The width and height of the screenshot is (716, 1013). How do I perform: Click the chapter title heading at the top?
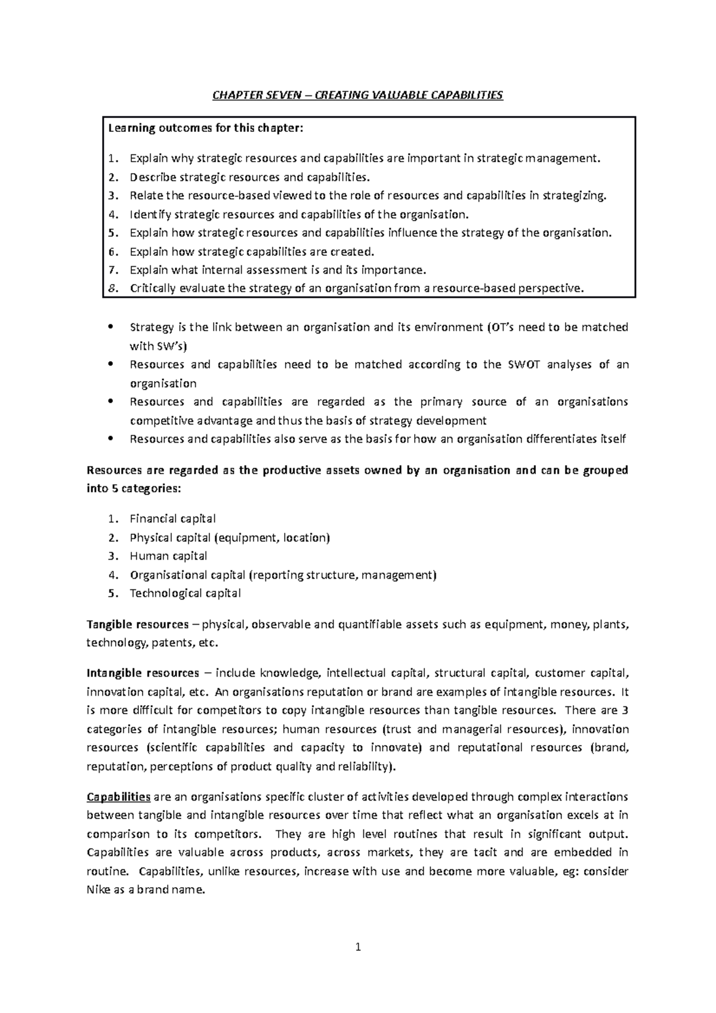click(x=358, y=95)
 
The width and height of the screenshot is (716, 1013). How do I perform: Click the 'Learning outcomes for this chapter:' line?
click(x=205, y=128)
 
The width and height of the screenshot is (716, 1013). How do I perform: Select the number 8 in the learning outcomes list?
click(x=112, y=289)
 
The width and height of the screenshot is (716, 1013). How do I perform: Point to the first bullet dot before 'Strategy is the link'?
click(x=112, y=328)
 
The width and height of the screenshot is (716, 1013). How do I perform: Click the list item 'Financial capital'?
click(x=172, y=518)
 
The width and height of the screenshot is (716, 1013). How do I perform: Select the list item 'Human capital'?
click(x=168, y=556)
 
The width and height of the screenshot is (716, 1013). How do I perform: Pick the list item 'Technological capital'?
click(x=185, y=594)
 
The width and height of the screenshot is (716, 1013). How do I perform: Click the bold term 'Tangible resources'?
click(x=137, y=625)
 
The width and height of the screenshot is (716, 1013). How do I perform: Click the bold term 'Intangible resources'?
click(x=143, y=674)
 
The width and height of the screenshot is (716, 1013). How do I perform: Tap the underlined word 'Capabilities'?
click(x=119, y=797)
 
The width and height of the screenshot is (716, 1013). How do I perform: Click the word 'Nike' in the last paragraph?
click(x=98, y=890)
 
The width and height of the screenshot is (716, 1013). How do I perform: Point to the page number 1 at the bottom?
click(x=358, y=947)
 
